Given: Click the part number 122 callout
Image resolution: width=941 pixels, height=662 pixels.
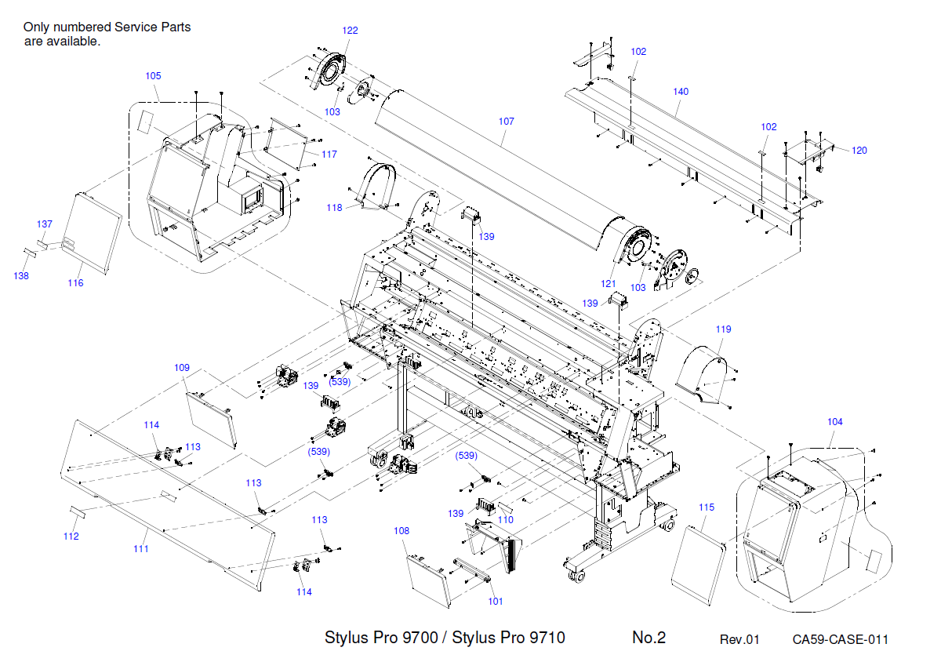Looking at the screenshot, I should pos(350,31).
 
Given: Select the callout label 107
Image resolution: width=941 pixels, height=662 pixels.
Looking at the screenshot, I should pos(506,122).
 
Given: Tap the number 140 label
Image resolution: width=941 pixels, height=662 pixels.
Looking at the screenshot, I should pos(681,92).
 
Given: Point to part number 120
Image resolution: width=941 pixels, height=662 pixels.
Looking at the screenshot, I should pos(859,151).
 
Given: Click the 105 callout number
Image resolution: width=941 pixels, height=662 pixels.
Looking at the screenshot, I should pos(153,76).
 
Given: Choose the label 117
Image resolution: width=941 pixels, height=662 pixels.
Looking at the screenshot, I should pos(329,155).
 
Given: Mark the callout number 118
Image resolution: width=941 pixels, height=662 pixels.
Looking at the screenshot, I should pos(335,208).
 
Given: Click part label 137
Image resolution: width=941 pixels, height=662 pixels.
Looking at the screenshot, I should pos(45,224).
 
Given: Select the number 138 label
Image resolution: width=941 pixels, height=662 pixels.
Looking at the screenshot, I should pos(21,276).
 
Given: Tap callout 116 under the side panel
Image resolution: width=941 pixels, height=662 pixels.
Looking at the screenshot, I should pos(75,283).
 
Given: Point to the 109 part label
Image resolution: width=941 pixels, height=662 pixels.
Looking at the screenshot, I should pos(182,367).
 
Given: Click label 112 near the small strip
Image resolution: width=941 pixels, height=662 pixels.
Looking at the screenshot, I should pos(71,537).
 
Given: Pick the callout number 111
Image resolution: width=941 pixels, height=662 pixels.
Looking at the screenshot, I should pos(140,549).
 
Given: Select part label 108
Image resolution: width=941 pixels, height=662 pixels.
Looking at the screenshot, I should pos(401,531).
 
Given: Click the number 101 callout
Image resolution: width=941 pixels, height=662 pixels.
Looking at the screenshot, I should pos(496,602).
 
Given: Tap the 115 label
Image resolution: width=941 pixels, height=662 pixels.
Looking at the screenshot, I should pos(707,507).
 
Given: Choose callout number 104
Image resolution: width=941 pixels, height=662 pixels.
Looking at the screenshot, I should pos(835,422).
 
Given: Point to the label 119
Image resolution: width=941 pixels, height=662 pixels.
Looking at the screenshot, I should pos(723,329).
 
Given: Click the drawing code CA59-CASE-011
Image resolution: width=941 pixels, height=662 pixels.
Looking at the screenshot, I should pos(840,639).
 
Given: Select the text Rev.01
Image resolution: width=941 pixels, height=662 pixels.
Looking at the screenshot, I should pos(739,639).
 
